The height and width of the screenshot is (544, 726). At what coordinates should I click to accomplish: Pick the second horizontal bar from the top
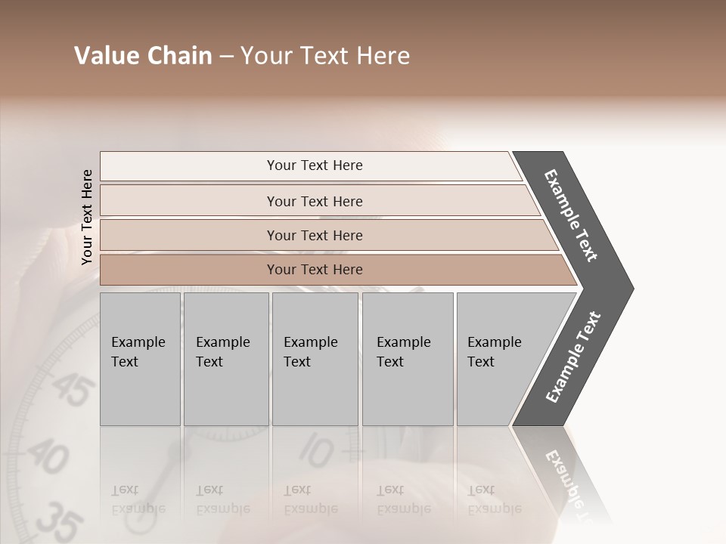click(315, 201)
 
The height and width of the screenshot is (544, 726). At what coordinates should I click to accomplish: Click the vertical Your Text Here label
click(87, 217)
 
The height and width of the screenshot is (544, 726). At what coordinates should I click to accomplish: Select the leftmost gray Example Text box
click(140, 359)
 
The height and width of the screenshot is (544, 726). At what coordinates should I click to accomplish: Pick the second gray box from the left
click(225, 359)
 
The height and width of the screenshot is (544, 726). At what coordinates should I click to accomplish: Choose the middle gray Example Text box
click(315, 359)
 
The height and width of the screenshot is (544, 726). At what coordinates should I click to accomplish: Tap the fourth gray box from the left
click(407, 359)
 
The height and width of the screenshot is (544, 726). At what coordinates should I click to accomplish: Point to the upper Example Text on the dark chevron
click(572, 215)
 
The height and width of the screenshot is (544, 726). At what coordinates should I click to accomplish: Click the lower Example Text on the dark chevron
click(573, 357)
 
